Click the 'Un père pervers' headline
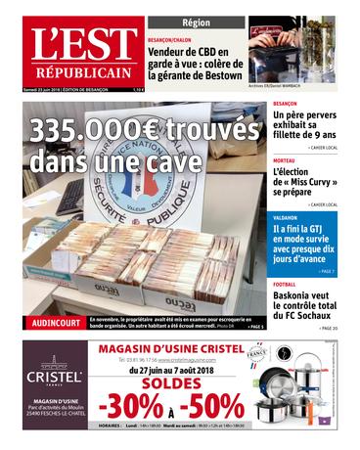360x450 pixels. [x=304, y=127]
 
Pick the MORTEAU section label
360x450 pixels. [x=285, y=159]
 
